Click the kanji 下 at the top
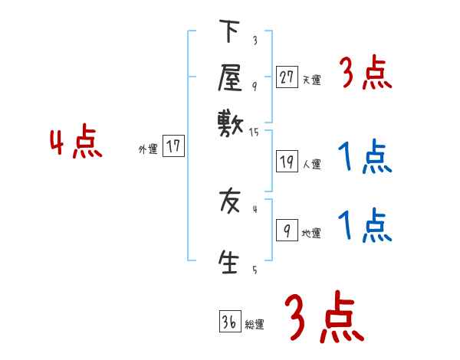coord(229,33)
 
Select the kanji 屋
coord(229,77)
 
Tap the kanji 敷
coord(229,121)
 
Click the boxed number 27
coord(287,77)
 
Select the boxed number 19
coord(287,162)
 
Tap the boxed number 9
coord(287,231)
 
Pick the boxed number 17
coord(174,146)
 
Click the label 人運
coord(311,164)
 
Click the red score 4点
coord(76,144)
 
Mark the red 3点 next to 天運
coord(366,74)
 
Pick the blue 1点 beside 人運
coord(366,157)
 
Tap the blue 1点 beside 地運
coord(366,226)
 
